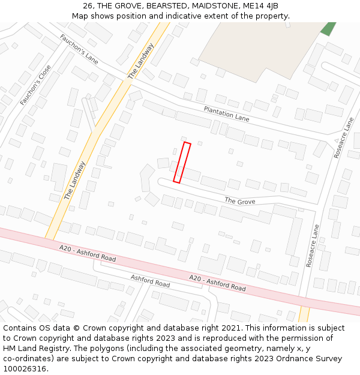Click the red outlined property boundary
(x=182, y=162)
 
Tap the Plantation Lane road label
(x=226, y=113)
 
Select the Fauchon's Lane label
(x=79, y=49)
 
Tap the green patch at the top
(x=328, y=28)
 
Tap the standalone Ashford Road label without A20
(x=150, y=280)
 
